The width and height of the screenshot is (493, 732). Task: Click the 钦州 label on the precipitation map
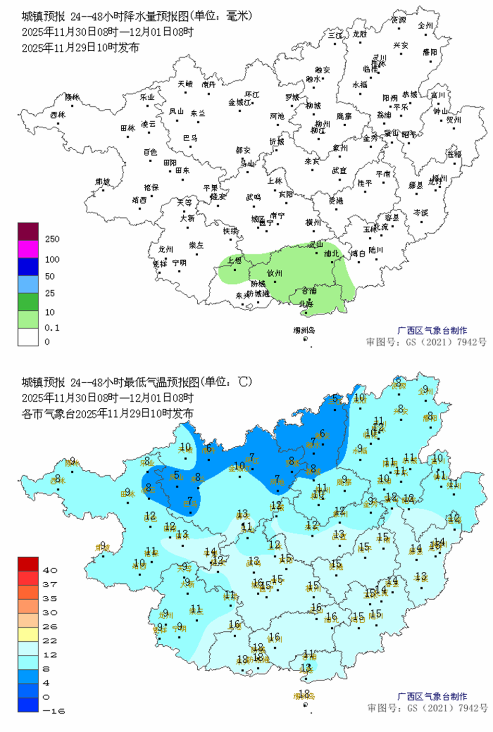pyautogui.click(x=275, y=273)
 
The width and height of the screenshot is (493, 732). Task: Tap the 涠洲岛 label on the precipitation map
pyautogui.click(x=304, y=330)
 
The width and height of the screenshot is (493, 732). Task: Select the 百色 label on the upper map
pyautogui.click(x=150, y=152)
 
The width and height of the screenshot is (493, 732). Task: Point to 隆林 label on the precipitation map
pyautogui.click(x=72, y=97)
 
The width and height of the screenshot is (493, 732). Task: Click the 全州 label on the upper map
pyautogui.click(x=425, y=25)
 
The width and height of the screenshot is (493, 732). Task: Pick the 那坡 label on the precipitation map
pyautogui.click(x=103, y=182)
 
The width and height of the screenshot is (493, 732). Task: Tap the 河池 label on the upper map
pyautogui.click(x=277, y=116)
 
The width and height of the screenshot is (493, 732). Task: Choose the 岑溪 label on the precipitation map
pyautogui.click(x=421, y=212)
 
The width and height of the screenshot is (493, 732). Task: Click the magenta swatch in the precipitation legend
pyautogui.click(x=28, y=249)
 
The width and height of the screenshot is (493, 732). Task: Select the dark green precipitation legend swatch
pyautogui.click(x=28, y=302)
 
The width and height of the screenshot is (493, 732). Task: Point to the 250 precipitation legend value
pyautogui.click(x=52, y=239)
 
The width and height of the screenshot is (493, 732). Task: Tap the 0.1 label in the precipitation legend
pyautogui.click(x=52, y=328)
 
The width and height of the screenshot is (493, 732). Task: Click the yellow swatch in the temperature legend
pyautogui.click(x=28, y=634)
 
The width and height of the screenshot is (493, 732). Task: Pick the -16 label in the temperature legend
pyautogui.click(x=53, y=711)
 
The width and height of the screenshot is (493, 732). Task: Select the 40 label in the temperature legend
pyautogui.click(x=50, y=570)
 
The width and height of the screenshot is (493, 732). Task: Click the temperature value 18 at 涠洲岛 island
pyautogui.click(x=304, y=694)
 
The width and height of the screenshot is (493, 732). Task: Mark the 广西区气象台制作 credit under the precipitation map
pyautogui.click(x=432, y=330)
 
